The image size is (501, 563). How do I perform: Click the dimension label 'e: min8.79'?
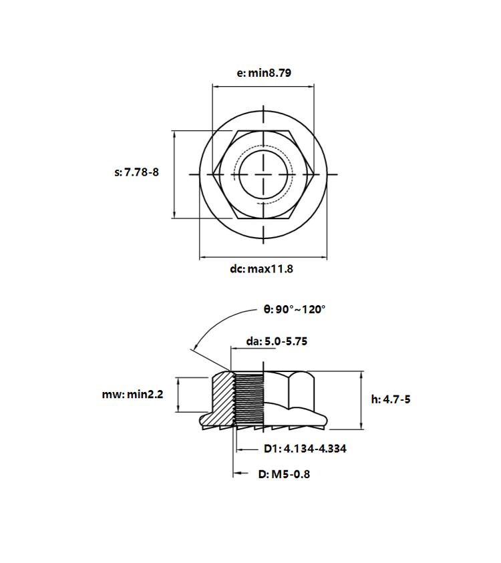point(264,73)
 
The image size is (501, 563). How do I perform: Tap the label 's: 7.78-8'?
point(136,172)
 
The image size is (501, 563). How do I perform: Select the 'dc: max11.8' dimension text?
point(261,269)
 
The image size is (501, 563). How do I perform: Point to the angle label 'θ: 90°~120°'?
point(295,309)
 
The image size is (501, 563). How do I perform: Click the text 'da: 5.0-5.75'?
point(277,341)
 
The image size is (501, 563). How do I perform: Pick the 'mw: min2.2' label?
point(132,394)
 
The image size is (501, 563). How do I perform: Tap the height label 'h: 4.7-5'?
point(391,399)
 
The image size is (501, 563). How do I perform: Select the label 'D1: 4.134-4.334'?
point(305,448)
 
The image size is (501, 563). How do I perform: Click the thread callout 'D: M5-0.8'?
point(284,474)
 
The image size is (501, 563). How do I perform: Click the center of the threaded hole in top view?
point(264,174)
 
